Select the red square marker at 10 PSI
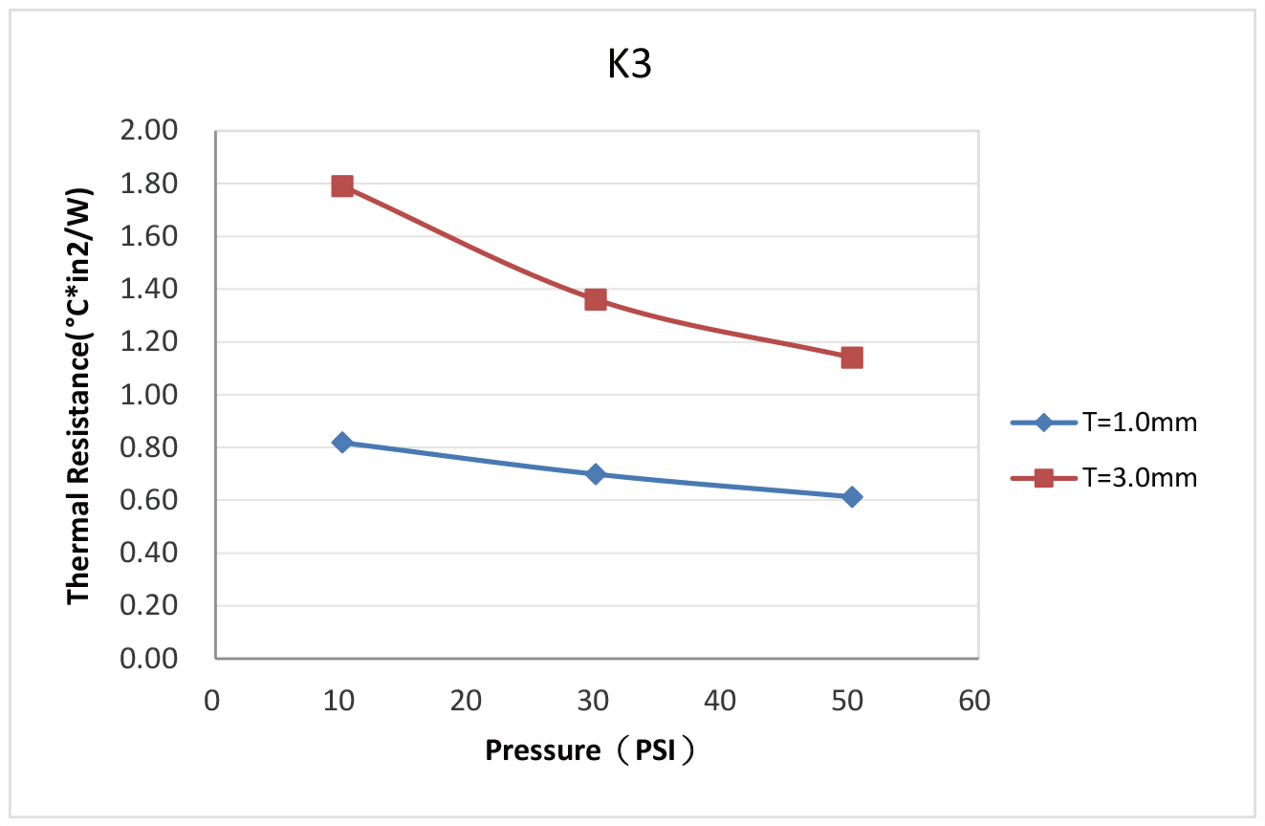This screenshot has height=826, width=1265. [342, 185]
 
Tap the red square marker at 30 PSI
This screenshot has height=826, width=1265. [596, 299]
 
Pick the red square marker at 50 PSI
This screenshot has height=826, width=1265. [852, 358]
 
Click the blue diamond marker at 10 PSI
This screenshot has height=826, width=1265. [342, 443]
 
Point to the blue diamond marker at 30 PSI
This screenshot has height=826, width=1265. [596, 474]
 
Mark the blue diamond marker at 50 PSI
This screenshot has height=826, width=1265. [852, 497]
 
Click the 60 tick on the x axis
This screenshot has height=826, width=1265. [974, 701]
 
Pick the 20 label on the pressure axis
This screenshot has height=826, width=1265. [466, 701]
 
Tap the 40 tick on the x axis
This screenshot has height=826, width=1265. [720, 701]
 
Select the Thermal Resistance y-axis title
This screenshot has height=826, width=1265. [79, 394]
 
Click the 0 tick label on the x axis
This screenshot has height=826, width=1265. [212, 701]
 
